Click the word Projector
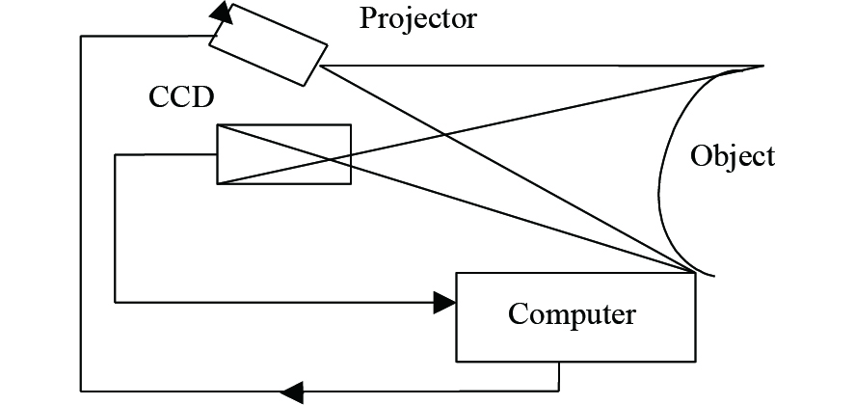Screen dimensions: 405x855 pyautogui.click(x=418, y=18)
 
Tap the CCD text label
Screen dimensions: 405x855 pyautogui.click(x=180, y=99)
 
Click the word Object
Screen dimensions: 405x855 pyautogui.click(x=733, y=156)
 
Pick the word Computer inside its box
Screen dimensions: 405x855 pyautogui.click(x=573, y=314)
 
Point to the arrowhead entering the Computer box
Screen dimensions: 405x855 pyautogui.click(x=445, y=303)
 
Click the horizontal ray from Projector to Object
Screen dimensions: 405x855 pyautogui.click(x=540, y=66)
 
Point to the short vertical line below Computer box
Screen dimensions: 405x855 pyautogui.click(x=559, y=376)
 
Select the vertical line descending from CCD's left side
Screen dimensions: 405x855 pyautogui.click(x=116, y=228)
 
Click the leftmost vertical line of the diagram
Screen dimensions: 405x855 pyautogui.click(x=81, y=212)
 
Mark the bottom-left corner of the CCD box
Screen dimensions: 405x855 pyautogui.click(x=218, y=183)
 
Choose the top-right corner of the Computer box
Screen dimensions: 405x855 pyautogui.click(x=694, y=273)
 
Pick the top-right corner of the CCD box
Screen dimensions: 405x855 pyautogui.click(x=351, y=125)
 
